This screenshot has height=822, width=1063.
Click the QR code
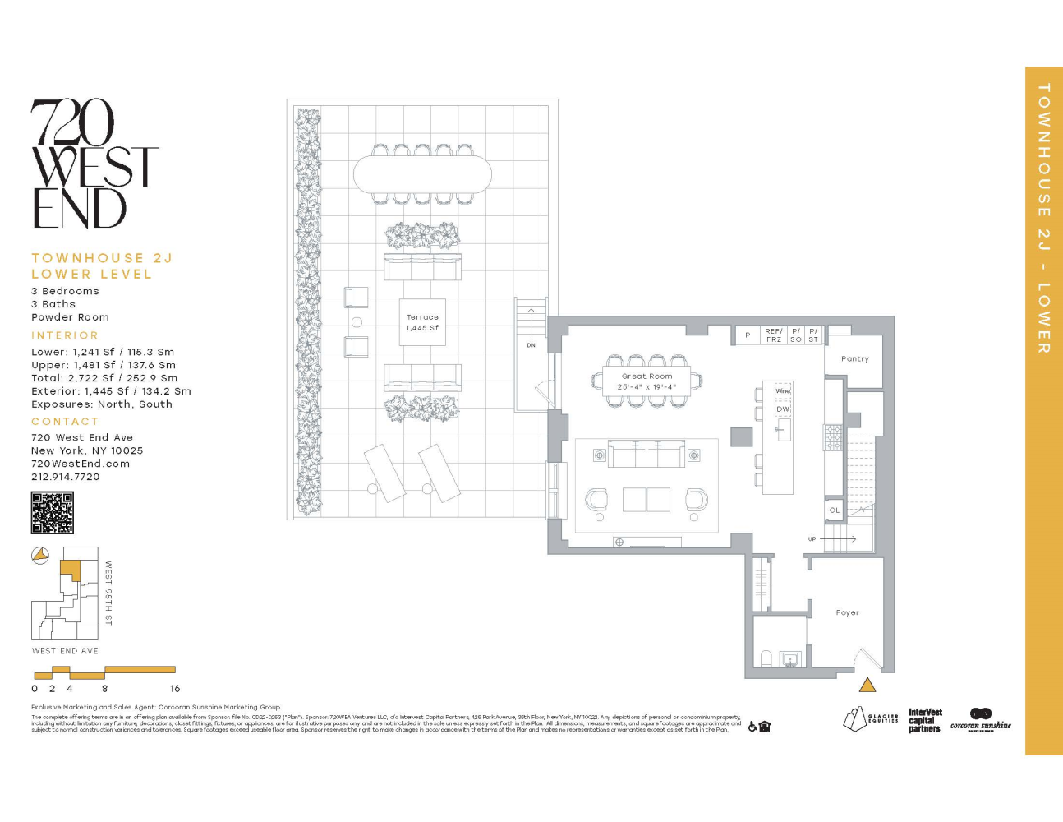[x=53, y=513]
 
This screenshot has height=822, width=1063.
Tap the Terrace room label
[x=422, y=317]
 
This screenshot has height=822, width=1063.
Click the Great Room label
[x=647, y=376]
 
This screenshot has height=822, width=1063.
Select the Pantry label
[x=854, y=359]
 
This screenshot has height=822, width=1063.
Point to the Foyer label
[x=847, y=612]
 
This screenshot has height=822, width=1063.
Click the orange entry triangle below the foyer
[x=867, y=685]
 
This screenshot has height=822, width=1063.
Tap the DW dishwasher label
[x=783, y=409]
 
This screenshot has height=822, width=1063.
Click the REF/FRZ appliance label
[x=774, y=335]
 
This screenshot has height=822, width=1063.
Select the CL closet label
[x=834, y=510]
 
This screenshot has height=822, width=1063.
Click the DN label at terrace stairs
[x=531, y=345]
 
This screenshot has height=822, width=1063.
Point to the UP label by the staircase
[x=812, y=539]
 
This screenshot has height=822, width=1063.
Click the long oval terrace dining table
[x=422, y=174]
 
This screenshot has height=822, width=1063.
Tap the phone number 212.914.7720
[x=66, y=477]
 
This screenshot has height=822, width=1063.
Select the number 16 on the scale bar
[x=175, y=689]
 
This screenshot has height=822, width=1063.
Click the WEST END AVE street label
[x=65, y=651]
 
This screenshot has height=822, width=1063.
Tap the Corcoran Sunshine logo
[x=981, y=720]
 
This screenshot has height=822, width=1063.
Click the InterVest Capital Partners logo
[x=925, y=720]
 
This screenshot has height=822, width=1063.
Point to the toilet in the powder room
[x=766, y=658]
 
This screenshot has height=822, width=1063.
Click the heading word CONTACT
[x=65, y=421]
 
